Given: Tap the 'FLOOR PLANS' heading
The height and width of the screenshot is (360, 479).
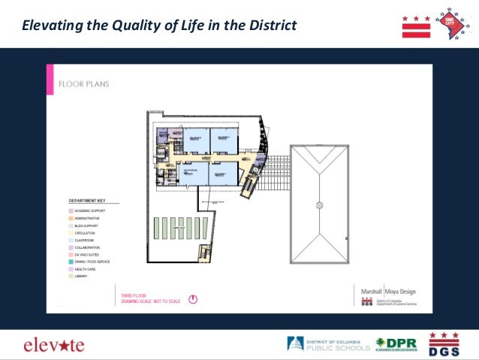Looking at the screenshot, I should click(x=84, y=83).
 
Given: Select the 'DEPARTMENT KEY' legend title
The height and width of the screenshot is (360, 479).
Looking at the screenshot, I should click(x=88, y=201).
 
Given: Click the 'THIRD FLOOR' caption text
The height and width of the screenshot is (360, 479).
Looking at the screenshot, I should click(x=131, y=295).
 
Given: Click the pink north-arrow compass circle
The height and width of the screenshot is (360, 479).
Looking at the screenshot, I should click(x=193, y=298).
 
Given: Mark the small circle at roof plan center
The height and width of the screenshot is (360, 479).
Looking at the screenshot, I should click(x=319, y=204).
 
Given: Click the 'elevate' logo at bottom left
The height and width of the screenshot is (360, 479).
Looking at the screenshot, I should click(x=54, y=345).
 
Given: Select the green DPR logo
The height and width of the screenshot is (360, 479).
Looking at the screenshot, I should click(x=396, y=344).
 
